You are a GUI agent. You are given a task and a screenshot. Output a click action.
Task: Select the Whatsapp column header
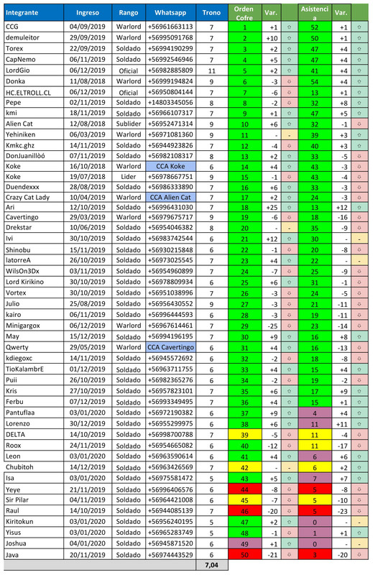click(x=170, y=13)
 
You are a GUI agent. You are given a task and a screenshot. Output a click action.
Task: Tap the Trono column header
click(x=211, y=13)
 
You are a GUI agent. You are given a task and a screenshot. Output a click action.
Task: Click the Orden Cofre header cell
click(x=244, y=13)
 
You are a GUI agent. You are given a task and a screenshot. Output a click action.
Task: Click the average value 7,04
click(x=211, y=566)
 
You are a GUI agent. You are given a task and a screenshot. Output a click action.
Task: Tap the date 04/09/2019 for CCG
click(x=87, y=27)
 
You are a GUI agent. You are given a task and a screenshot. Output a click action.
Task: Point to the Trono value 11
click(x=211, y=70)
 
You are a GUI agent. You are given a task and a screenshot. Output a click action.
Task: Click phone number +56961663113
click(x=170, y=27)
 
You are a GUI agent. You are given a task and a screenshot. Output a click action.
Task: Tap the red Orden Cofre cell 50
click(x=244, y=555)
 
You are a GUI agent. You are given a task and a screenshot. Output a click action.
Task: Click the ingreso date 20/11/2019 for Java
click(x=87, y=555)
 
